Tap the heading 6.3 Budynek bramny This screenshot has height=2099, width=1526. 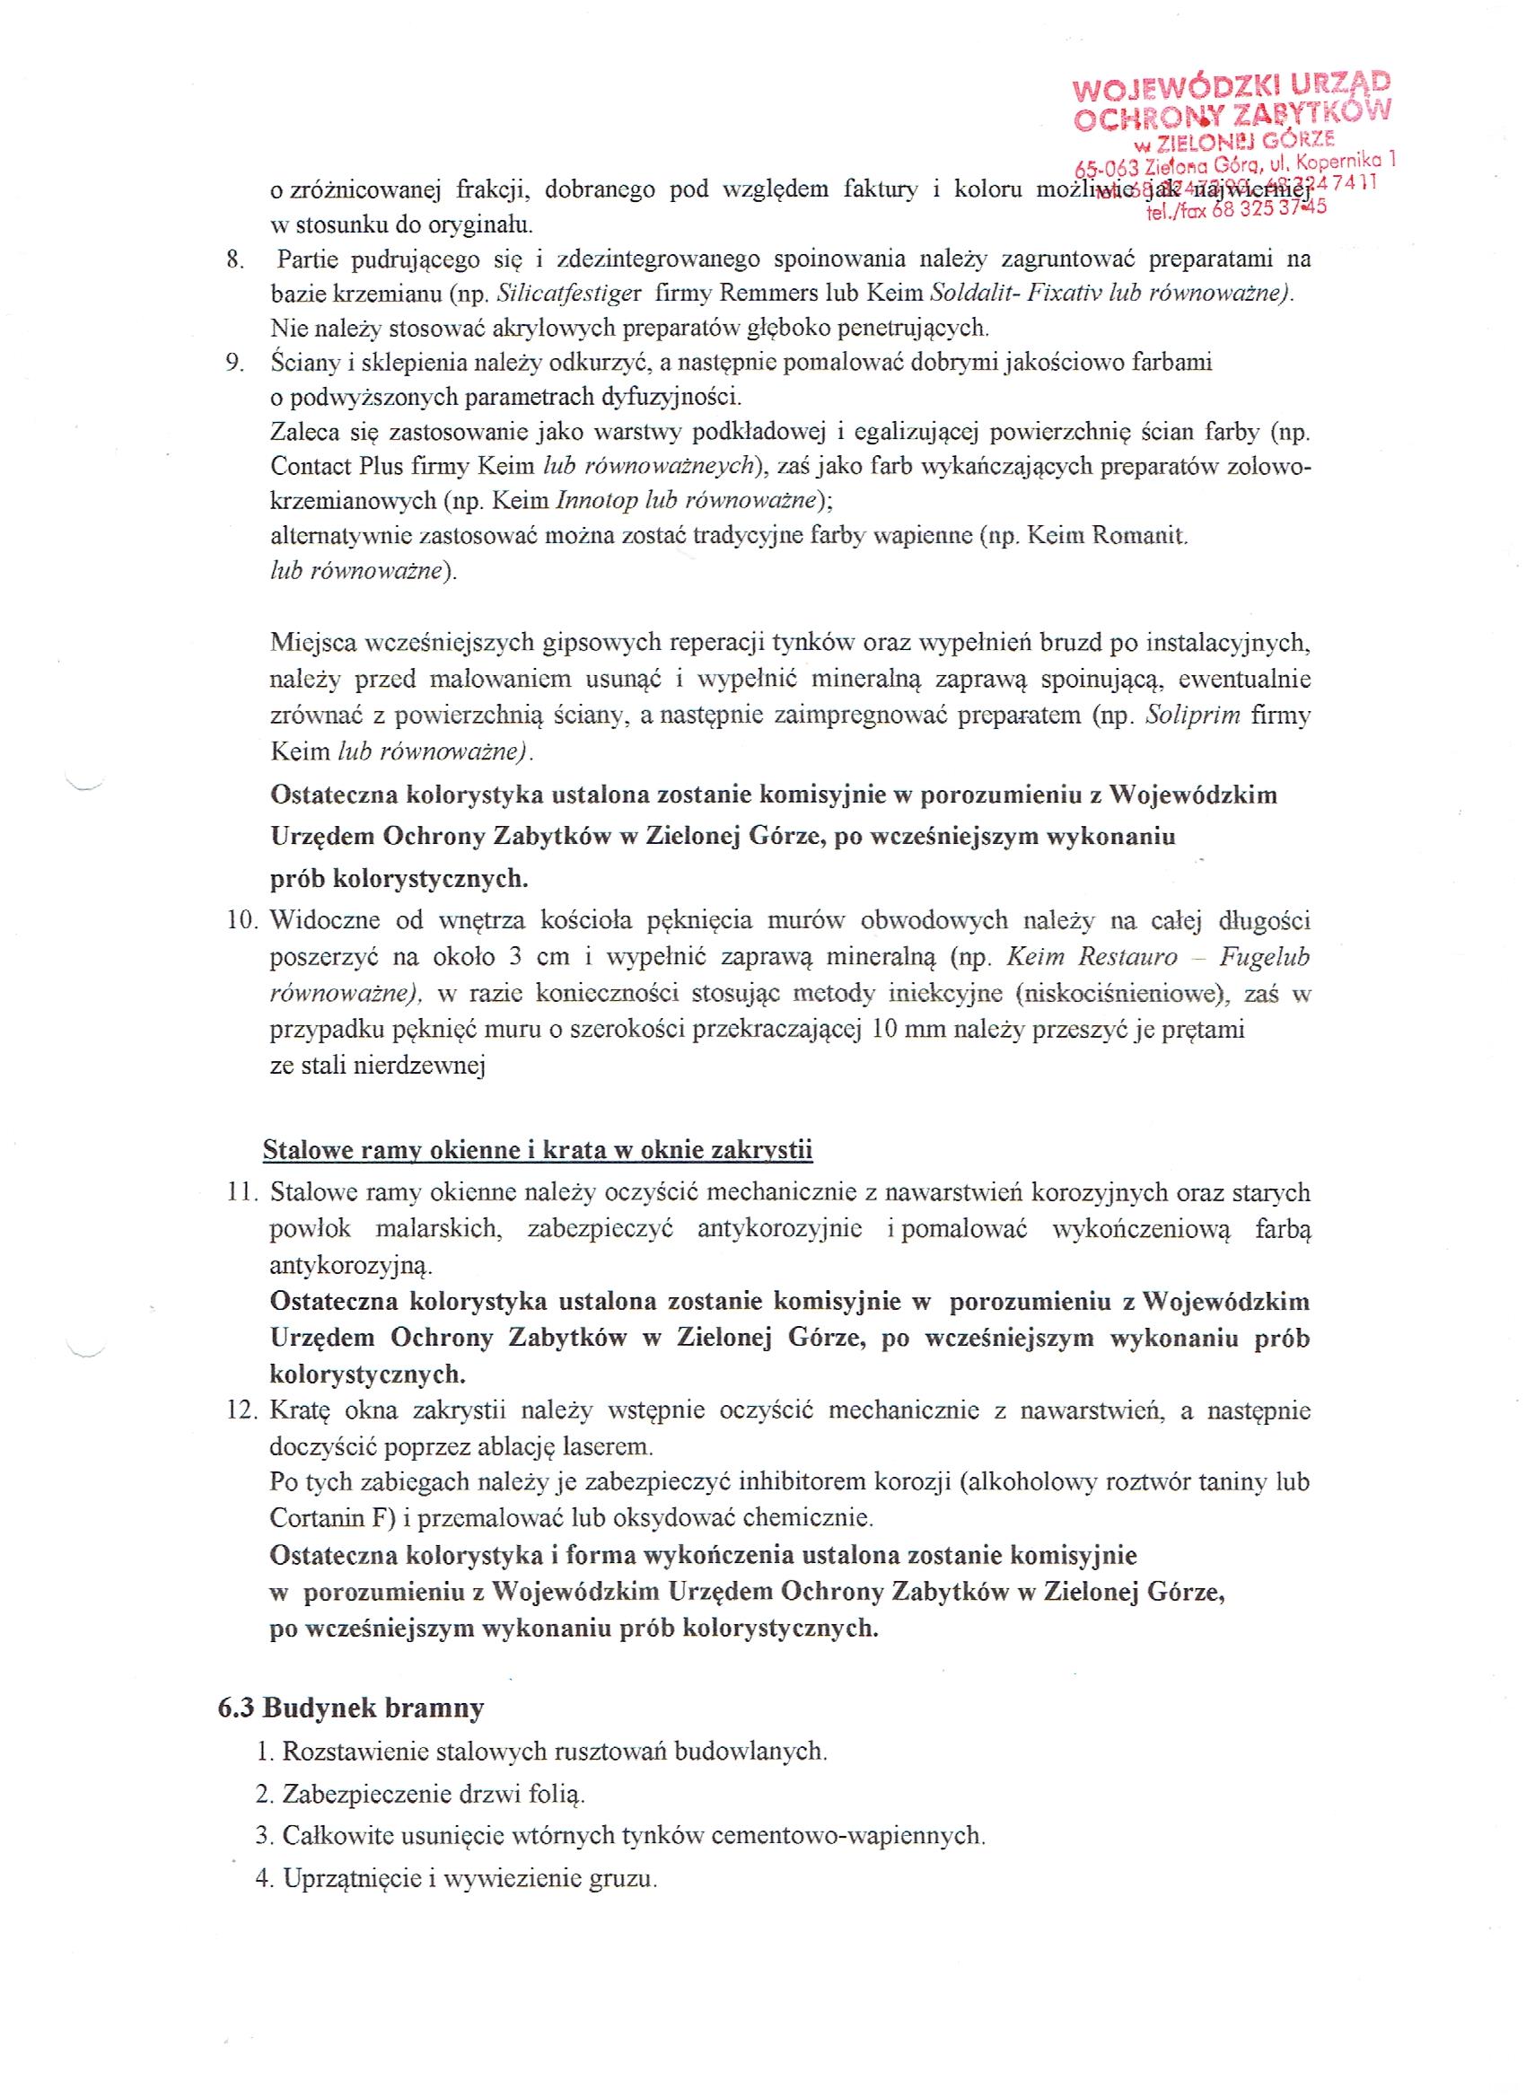351,1708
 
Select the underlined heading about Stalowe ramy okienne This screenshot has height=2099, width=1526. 538,1150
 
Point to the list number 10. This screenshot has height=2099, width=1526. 243,921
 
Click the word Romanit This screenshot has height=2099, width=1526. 1139,537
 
